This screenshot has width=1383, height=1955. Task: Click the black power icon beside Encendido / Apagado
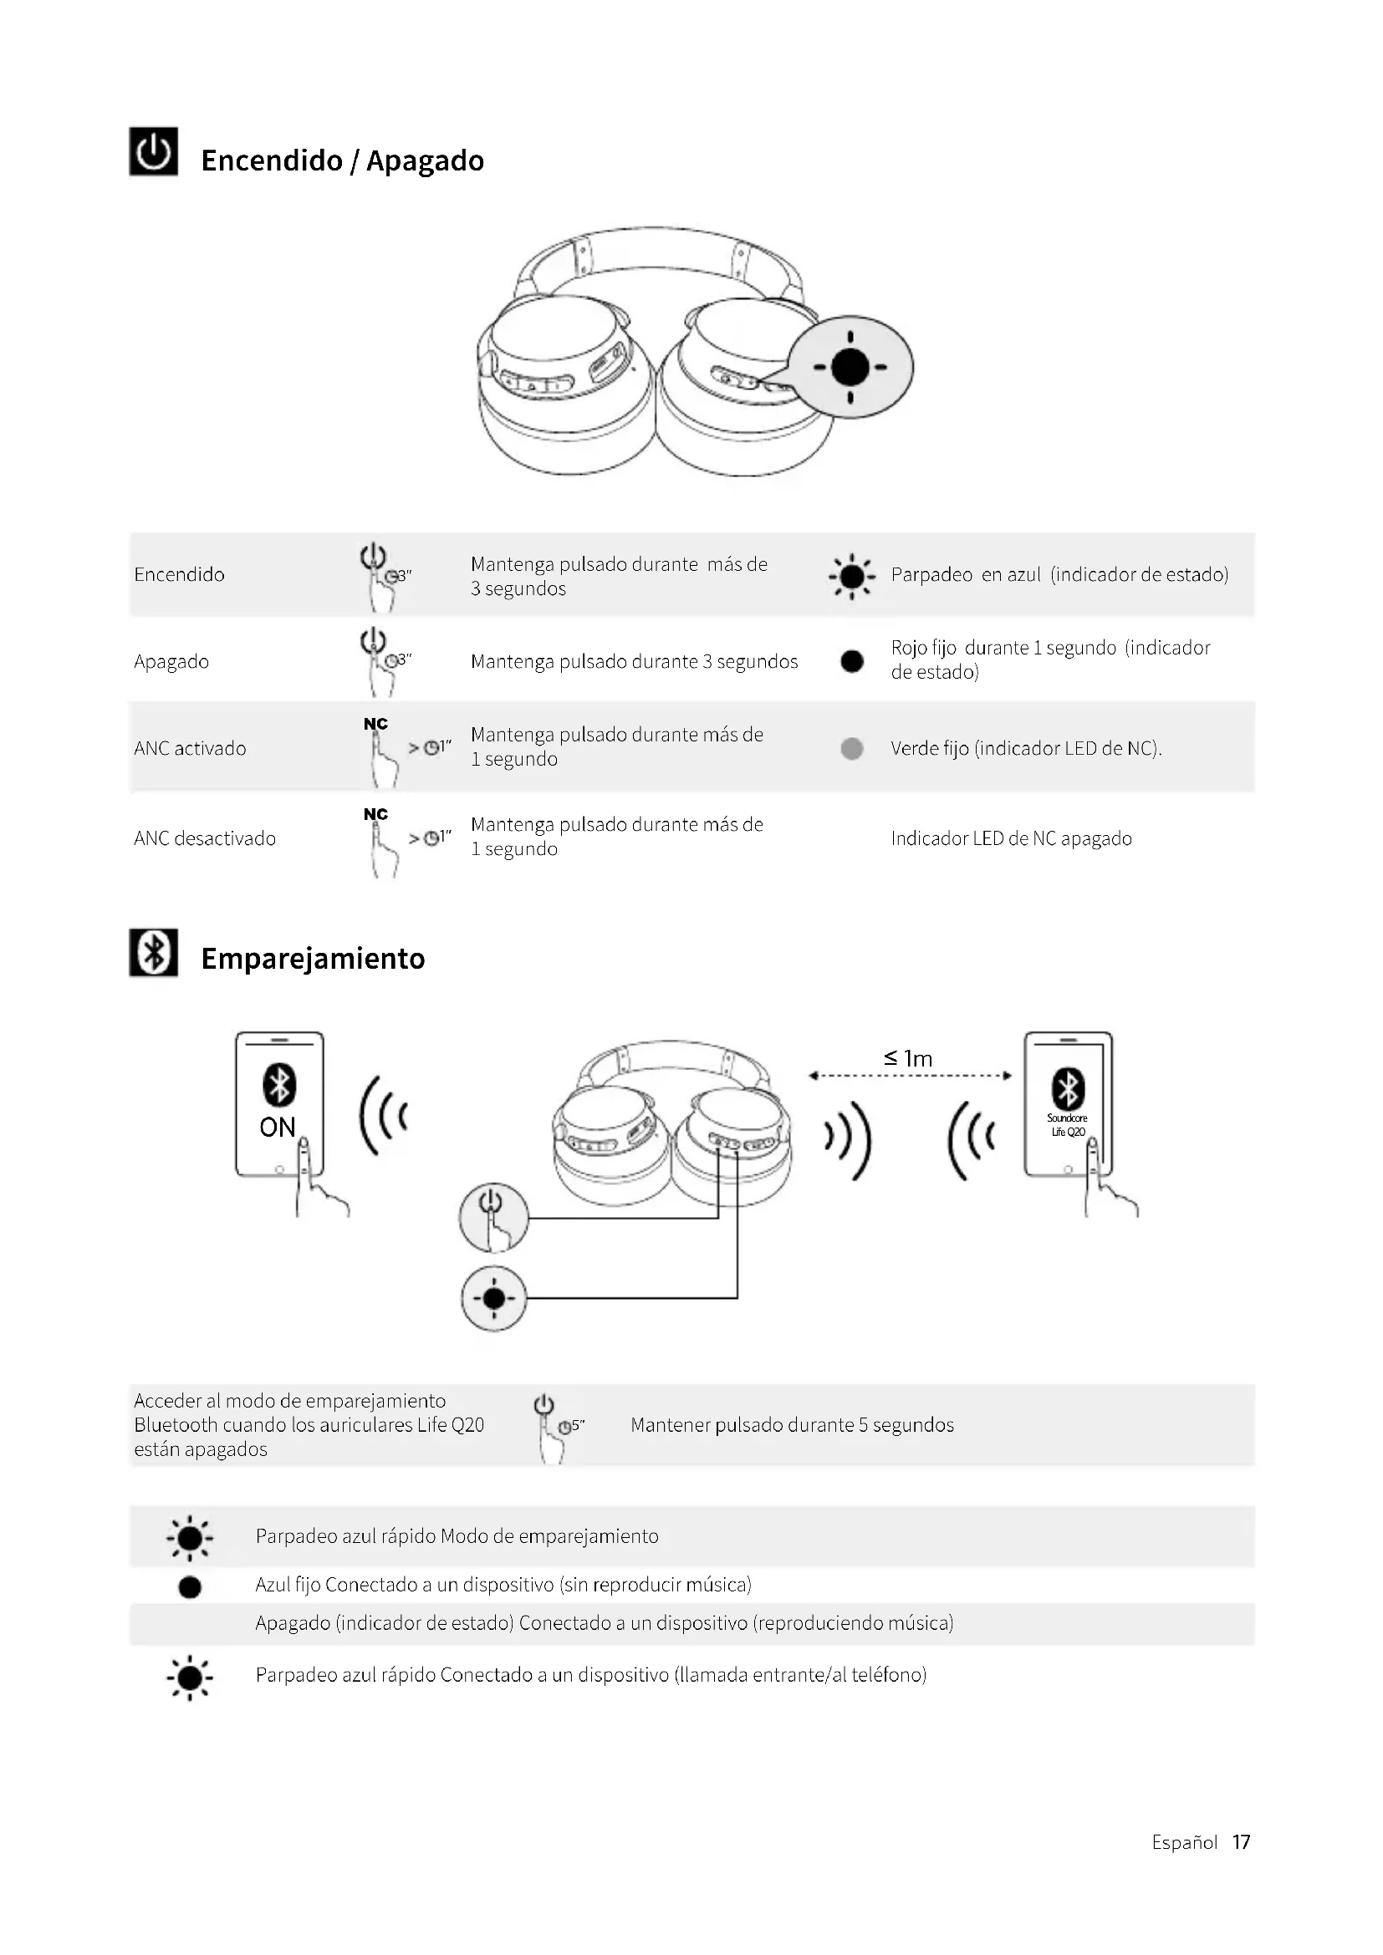coord(153,151)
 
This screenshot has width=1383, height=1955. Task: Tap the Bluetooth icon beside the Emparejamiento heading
coord(153,952)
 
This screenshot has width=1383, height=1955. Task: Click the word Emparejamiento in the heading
coord(313,959)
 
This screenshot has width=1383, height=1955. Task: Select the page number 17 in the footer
coord(1241,1842)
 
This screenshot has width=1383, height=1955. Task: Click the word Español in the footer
coord(1184,1843)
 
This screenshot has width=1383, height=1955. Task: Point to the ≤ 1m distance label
coord(909,1058)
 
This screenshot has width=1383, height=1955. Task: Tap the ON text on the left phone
coord(278,1128)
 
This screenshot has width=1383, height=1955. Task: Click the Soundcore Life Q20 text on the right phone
coord(1067,1125)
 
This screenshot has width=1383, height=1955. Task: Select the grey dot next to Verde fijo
coord(851,748)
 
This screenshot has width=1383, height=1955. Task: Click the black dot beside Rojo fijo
coord(851,661)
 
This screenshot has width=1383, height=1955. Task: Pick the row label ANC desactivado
coord(204,838)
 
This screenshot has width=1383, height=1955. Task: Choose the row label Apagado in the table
coord(171,662)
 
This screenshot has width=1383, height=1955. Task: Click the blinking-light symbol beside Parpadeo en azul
coord(851,577)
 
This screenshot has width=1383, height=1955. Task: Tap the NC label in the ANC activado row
coord(375,724)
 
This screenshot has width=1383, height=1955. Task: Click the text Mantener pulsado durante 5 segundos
coord(792,1424)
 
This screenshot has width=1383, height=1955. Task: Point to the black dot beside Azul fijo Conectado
coord(190,1587)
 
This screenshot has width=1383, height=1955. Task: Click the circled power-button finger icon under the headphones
coord(493,1218)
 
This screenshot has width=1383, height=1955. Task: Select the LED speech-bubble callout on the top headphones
coord(850,367)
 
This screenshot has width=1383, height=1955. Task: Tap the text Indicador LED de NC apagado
coord(1011,838)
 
